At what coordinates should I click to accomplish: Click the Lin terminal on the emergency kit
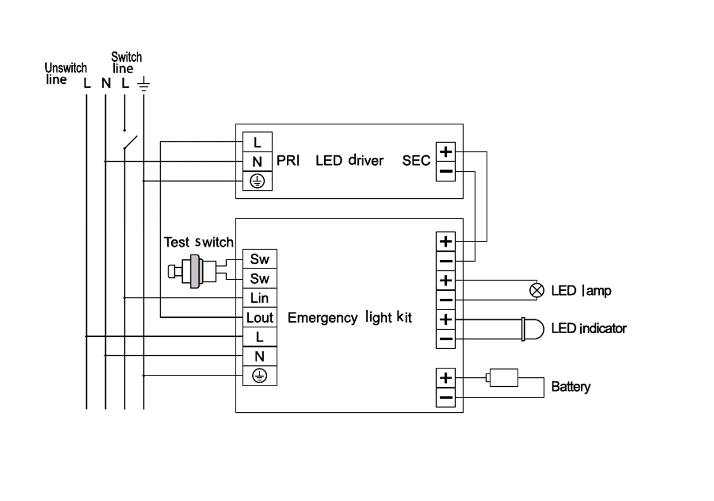259,298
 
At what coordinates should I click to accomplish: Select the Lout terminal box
259,318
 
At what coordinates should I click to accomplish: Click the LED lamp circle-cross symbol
537,290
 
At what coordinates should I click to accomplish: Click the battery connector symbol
503,377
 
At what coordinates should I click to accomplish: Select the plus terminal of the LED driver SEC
446,152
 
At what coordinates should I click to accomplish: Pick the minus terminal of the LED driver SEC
446,172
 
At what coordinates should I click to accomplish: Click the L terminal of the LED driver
257,143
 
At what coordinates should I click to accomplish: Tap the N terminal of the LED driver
257,162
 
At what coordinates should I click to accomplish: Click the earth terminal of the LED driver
257,181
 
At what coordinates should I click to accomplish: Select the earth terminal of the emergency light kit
259,375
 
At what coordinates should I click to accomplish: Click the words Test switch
199,243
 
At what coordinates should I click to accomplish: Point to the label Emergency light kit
350,318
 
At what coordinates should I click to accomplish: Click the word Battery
571,387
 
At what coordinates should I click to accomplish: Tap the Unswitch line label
65,73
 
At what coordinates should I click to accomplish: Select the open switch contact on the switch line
130,142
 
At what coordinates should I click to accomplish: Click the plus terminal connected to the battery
446,378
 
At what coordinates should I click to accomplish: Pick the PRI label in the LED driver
288,161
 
